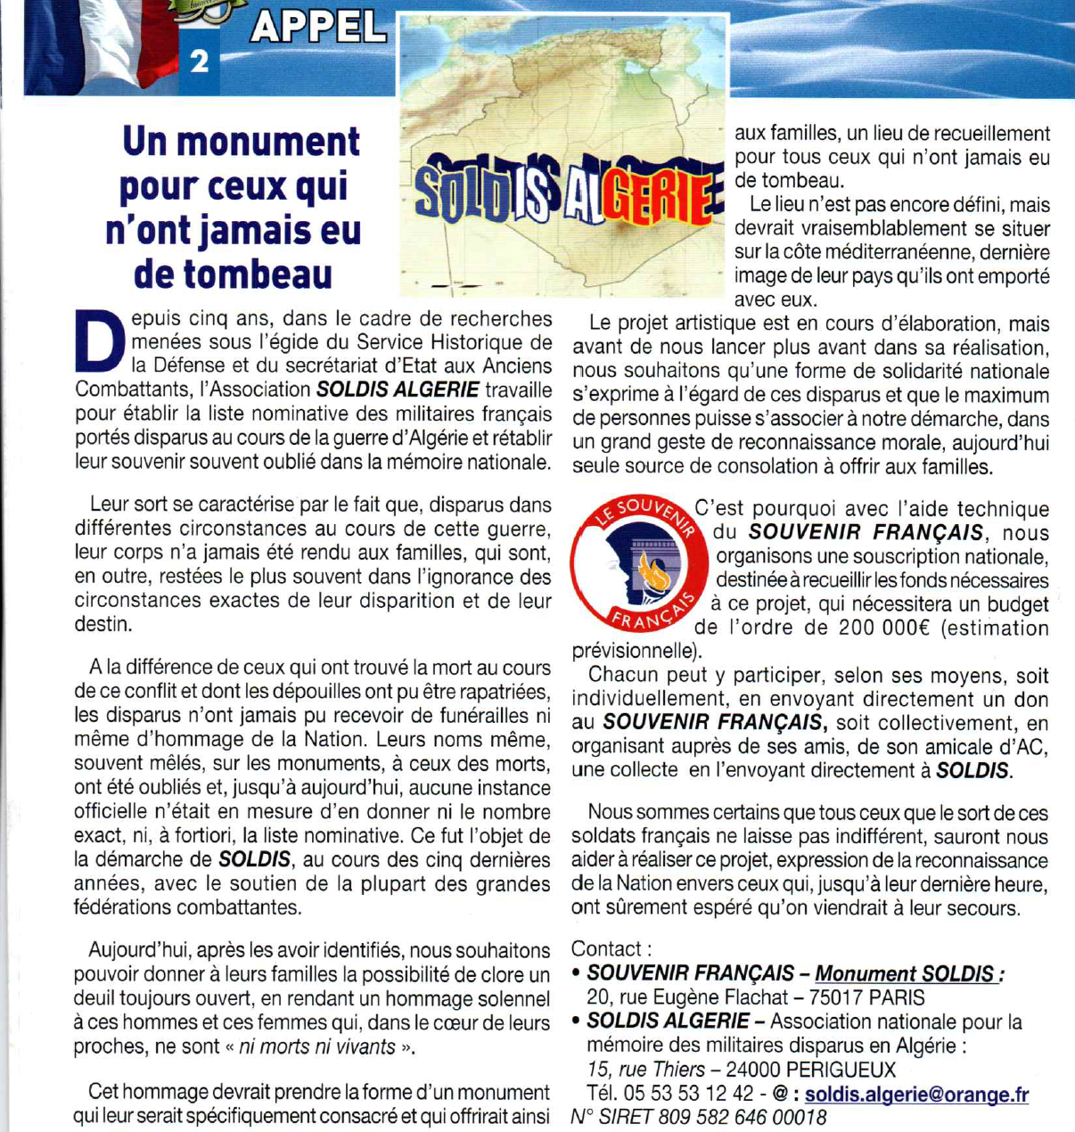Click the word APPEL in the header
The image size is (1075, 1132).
(x=318, y=29)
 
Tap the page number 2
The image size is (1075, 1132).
(x=200, y=61)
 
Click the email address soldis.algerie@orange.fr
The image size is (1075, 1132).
(x=916, y=1094)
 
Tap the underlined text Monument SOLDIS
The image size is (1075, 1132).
(x=904, y=974)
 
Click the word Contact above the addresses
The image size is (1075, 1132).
(x=605, y=949)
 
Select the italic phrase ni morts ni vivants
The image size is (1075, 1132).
(x=316, y=1046)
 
